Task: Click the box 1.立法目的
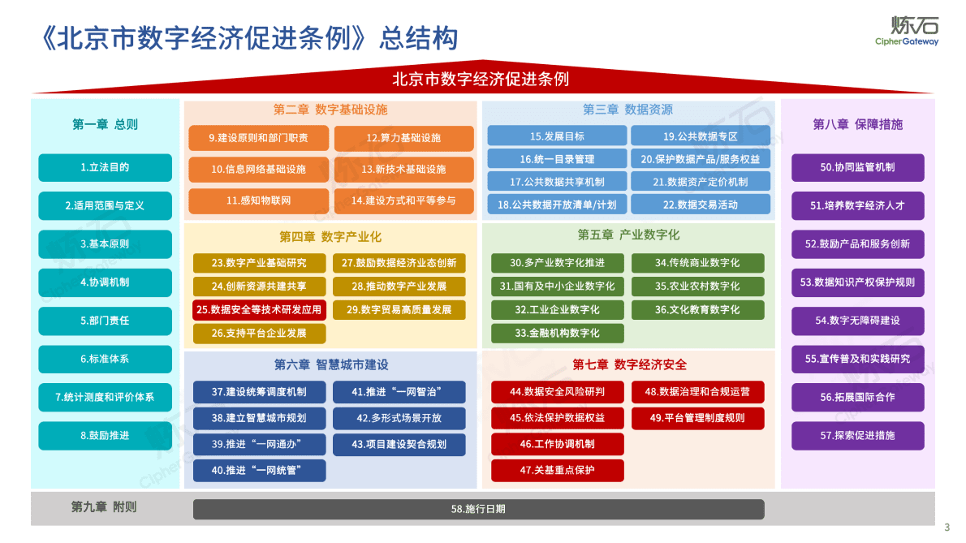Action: point(106,167)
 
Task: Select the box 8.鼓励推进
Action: point(106,436)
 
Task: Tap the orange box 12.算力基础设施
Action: point(403,138)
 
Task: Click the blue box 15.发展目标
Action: point(557,136)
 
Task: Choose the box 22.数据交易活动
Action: point(701,205)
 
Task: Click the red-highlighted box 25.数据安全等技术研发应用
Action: point(259,309)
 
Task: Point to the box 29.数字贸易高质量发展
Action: point(399,309)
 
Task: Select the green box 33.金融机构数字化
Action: point(557,333)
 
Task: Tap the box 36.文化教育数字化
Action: point(697,309)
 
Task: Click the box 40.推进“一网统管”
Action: point(259,470)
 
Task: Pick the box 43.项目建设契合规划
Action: point(399,444)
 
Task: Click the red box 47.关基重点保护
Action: point(557,470)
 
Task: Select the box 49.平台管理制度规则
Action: point(697,418)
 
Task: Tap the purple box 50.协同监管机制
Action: point(857,167)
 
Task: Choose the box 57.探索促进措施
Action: point(857,436)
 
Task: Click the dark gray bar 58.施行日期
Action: point(478,509)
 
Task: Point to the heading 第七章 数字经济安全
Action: point(629,364)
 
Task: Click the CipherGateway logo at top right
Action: point(906,31)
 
